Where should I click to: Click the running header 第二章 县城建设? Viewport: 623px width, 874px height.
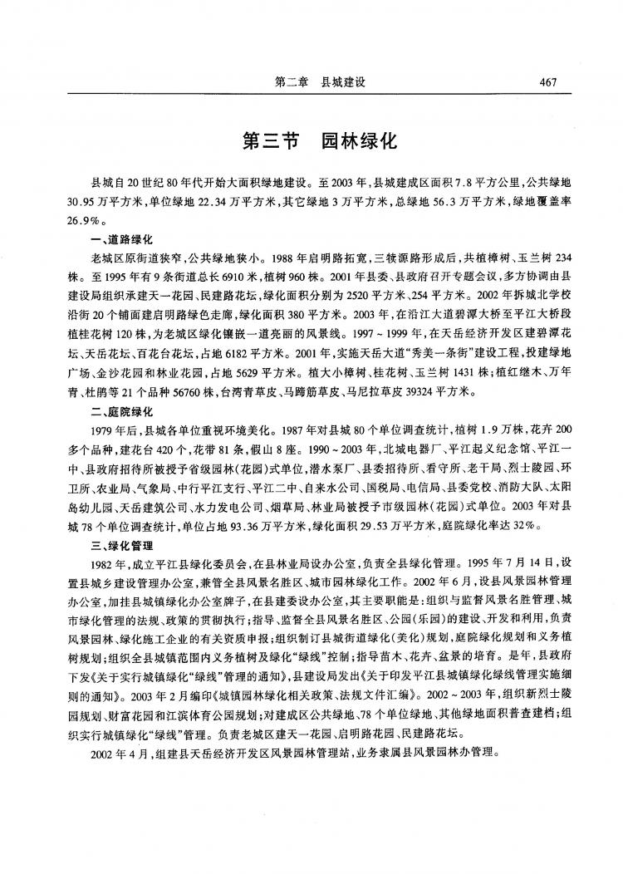coord(320,82)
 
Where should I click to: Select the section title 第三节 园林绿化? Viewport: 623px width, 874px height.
coord(320,140)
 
